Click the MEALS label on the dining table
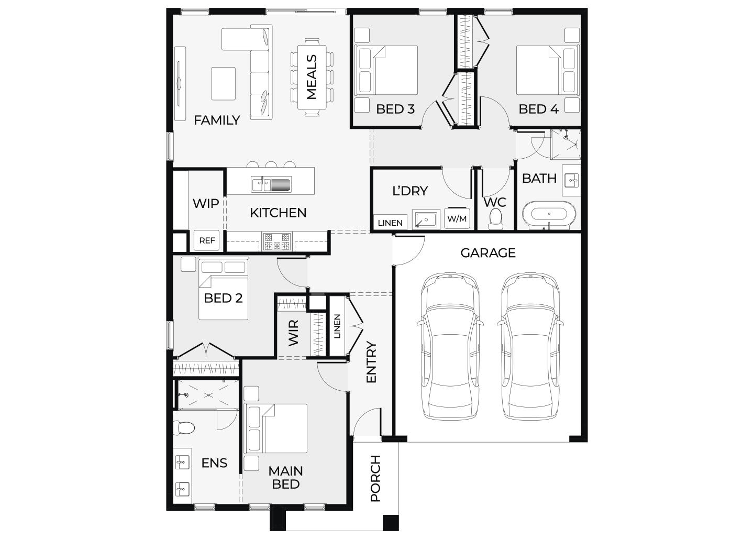click(312, 77)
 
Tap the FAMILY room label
click(217, 120)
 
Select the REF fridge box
click(207, 240)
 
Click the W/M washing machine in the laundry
click(457, 218)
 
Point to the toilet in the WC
click(495, 218)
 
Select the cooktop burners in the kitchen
click(276, 241)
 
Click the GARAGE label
click(488, 253)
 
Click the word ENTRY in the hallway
click(371, 362)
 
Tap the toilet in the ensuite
click(184, 427)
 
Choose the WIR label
click(293, 333)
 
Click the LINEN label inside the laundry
click(390, 223)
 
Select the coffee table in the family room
click(223, 83)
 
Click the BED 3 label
click(395, 109)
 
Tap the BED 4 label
click(539, 109)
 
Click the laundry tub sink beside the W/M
click(426, 220)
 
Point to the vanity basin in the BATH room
click(571, 180)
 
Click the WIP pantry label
click(206, 203)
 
